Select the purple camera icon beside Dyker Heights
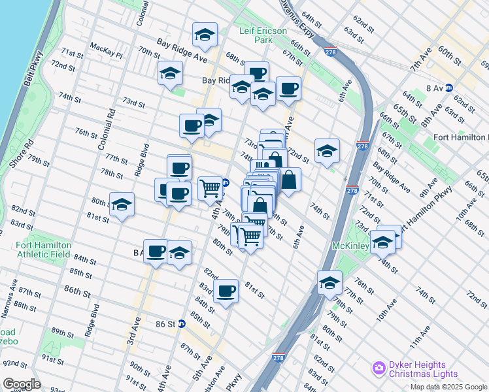(379, 369)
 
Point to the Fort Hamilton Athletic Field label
(42, 250)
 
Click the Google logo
(22, 384)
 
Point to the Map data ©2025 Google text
(448, 387)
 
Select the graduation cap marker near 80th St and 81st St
(122, 205)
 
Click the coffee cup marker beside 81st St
(226, 291)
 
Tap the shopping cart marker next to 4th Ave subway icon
(210, 188)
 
